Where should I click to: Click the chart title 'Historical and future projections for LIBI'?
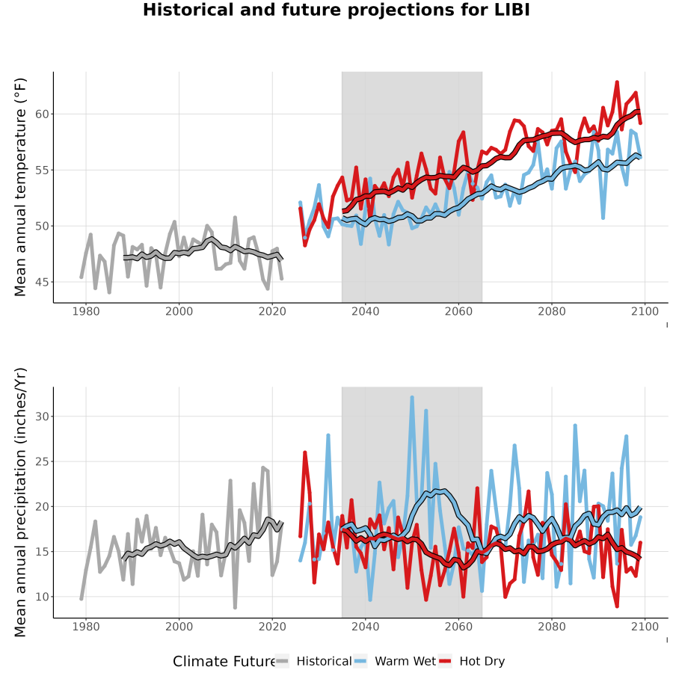336,10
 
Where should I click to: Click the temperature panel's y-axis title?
20,187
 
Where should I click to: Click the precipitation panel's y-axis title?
20,503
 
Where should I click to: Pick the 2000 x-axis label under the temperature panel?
179,311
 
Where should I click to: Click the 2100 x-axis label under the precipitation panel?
645,627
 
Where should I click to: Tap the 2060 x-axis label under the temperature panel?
458,311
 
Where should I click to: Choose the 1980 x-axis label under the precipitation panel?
86,627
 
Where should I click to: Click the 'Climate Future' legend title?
224,662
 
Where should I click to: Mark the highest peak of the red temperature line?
617,82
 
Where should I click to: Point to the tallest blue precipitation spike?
412,398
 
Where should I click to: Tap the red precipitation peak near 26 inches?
305,452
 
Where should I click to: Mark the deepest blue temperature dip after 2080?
603,218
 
